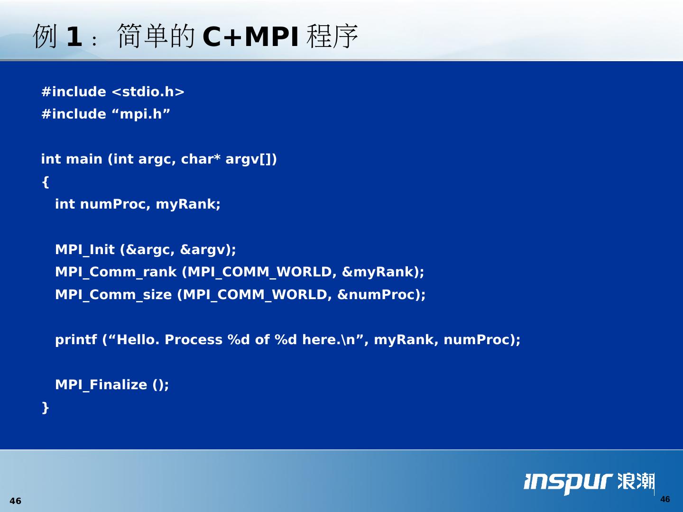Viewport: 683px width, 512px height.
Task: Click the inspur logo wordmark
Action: pos(568,483)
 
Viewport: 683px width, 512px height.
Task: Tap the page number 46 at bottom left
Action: pos(16,501)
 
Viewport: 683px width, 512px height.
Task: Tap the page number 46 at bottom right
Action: pos(665,499)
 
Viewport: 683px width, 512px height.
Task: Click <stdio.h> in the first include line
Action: pos(148,91)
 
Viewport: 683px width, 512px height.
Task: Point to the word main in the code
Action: pos(84,159)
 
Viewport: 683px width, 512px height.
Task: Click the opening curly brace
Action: pos(46,182)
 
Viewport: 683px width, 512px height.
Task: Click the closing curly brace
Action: pos(46,408)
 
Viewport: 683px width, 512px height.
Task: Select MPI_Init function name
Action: pos(84,250)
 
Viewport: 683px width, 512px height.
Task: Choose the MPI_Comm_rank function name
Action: pos(116,272)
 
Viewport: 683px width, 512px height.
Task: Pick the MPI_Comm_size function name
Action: pos(113,295)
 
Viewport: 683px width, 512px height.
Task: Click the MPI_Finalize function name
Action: pos(101,385)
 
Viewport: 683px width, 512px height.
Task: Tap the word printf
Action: pos(76,340)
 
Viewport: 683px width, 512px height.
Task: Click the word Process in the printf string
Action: pos(194,340)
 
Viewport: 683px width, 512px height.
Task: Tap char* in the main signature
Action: pos(201,159)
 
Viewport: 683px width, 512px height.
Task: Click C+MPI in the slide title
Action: pos(251,37)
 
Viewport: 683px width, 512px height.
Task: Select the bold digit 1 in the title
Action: pos(74,37)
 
